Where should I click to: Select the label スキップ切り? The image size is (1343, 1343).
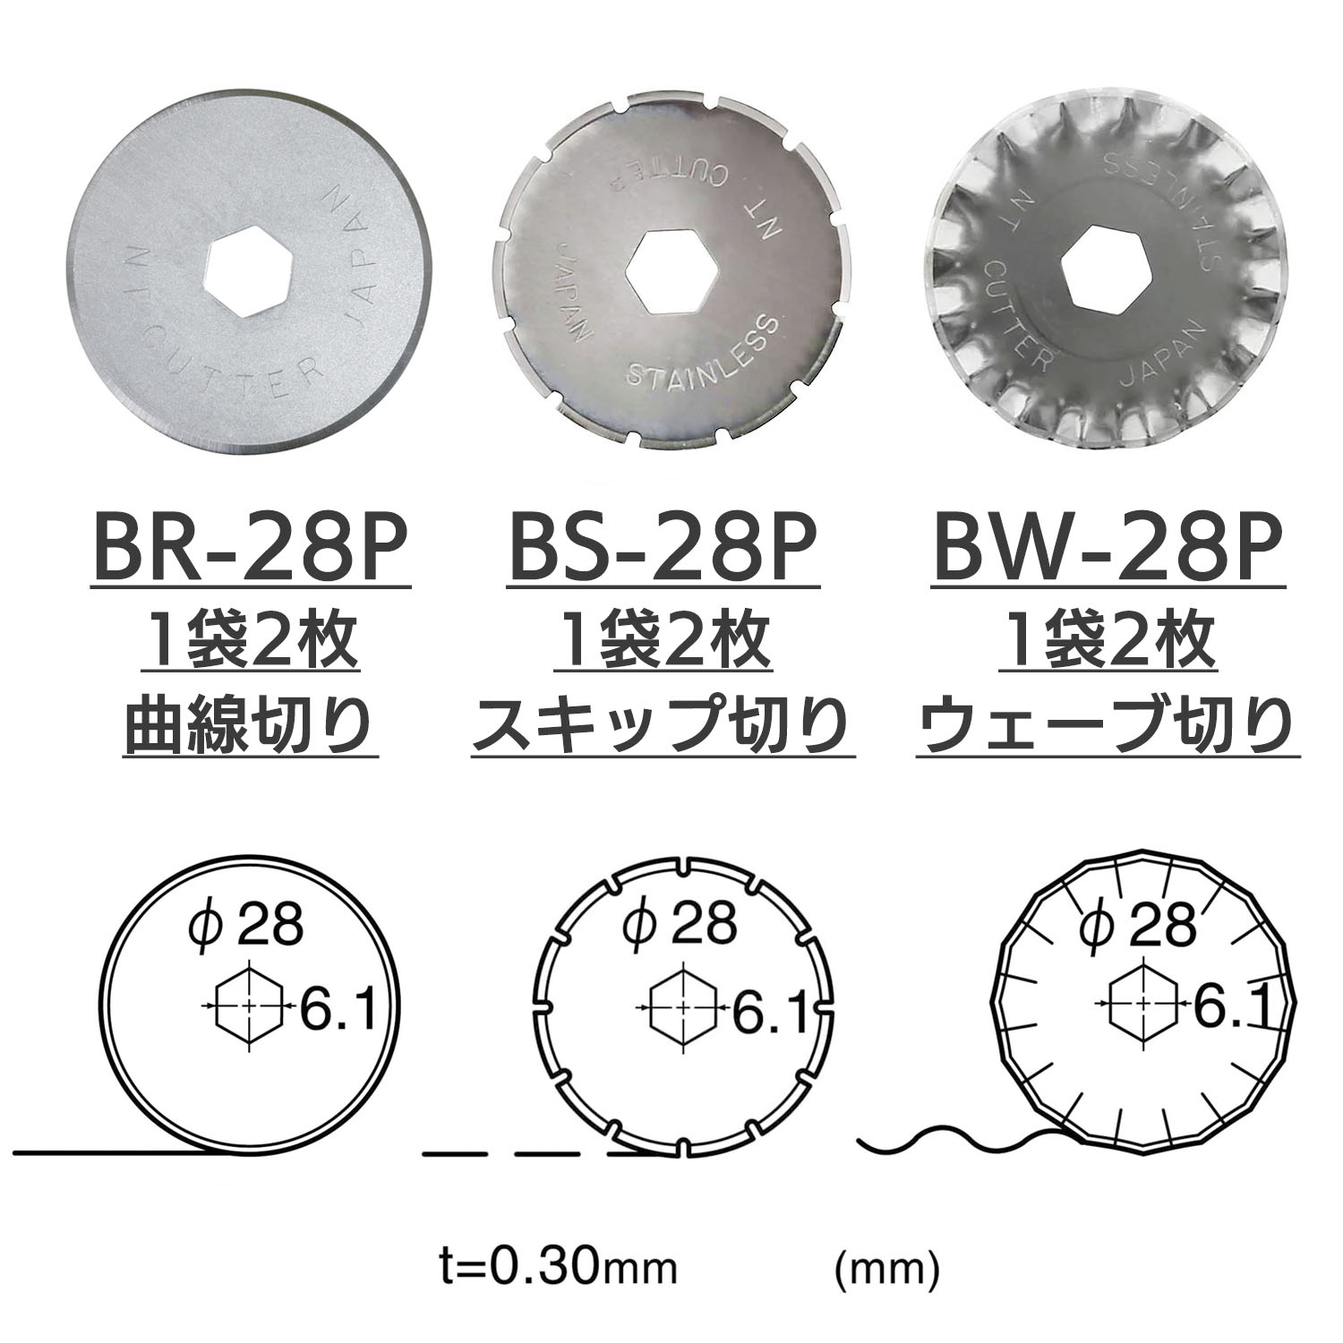tap(663, 724)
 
